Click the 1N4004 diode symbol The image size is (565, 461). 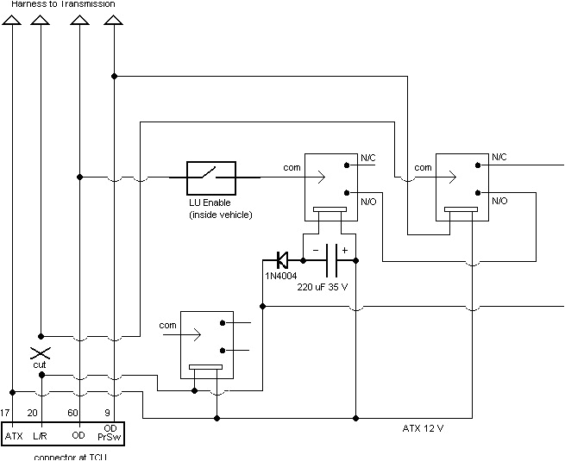[x=281, y=258]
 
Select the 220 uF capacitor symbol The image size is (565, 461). [x=330, y=258]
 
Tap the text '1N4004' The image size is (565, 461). [x=281, y=276]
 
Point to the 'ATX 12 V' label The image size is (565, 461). [x=424, y=427]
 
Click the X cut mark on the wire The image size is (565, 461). [x=39, y=353]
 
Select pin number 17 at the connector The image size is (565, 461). [x=6, y=413]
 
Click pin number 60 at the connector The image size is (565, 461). [x=72, y=413]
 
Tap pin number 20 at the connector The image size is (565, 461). [x=33, y=413]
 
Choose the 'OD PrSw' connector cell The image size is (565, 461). [x=110, y=433]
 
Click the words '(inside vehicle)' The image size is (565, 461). [x=220, y=214]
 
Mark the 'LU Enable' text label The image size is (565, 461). [x=210, y=202]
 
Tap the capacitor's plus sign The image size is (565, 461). [x=344, y=250]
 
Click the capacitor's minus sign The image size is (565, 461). [x=316, y=250]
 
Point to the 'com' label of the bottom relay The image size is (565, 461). [x=167, y=326]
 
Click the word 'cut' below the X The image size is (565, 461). [x=39, y=365]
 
